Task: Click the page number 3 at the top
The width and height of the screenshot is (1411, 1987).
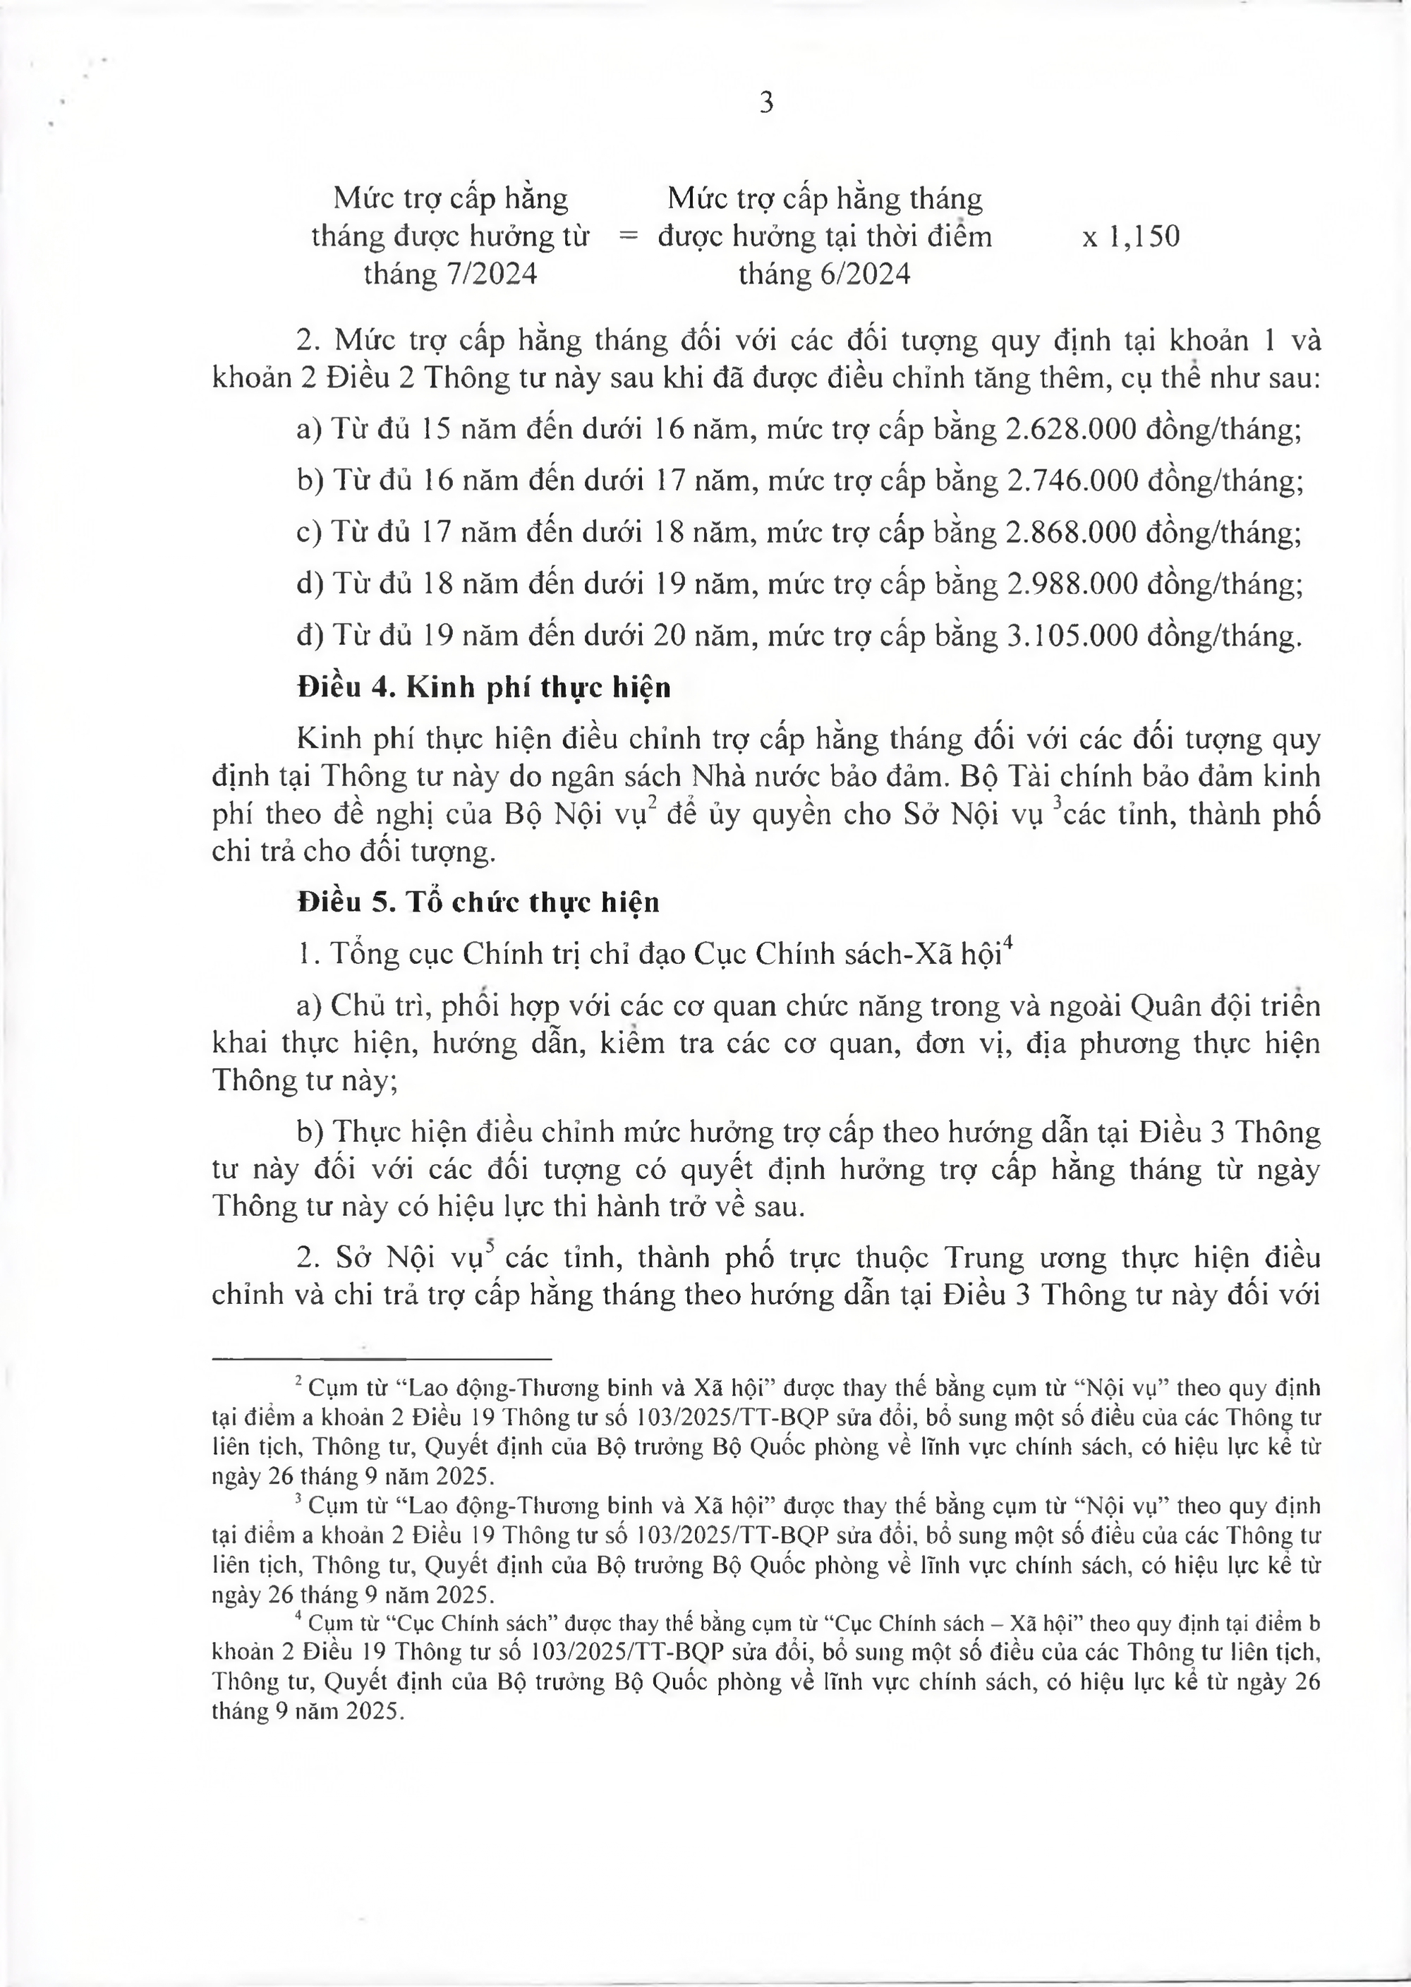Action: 766,104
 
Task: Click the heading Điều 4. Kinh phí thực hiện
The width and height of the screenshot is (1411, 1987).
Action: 484,687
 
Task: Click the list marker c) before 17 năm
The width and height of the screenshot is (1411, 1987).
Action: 309,532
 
